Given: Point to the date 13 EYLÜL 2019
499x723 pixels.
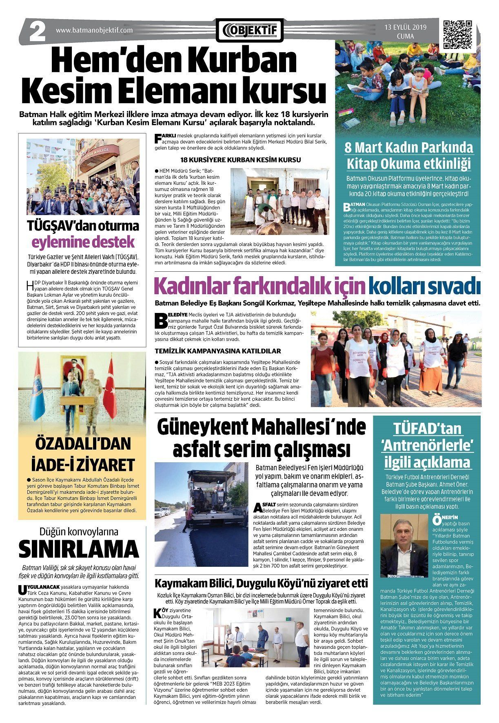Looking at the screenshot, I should click(x=405, y=27).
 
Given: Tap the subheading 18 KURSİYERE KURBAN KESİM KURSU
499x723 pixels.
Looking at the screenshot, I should click(x=241, y=160).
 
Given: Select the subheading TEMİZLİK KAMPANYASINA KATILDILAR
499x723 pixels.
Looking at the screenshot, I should click(x=218, y=350).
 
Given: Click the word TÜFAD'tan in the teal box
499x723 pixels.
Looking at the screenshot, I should click(x=427, y=429).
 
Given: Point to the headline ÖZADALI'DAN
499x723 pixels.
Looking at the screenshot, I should click(x=82, y=444).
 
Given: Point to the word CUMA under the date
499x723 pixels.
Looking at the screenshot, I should click(x=405, y=36).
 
